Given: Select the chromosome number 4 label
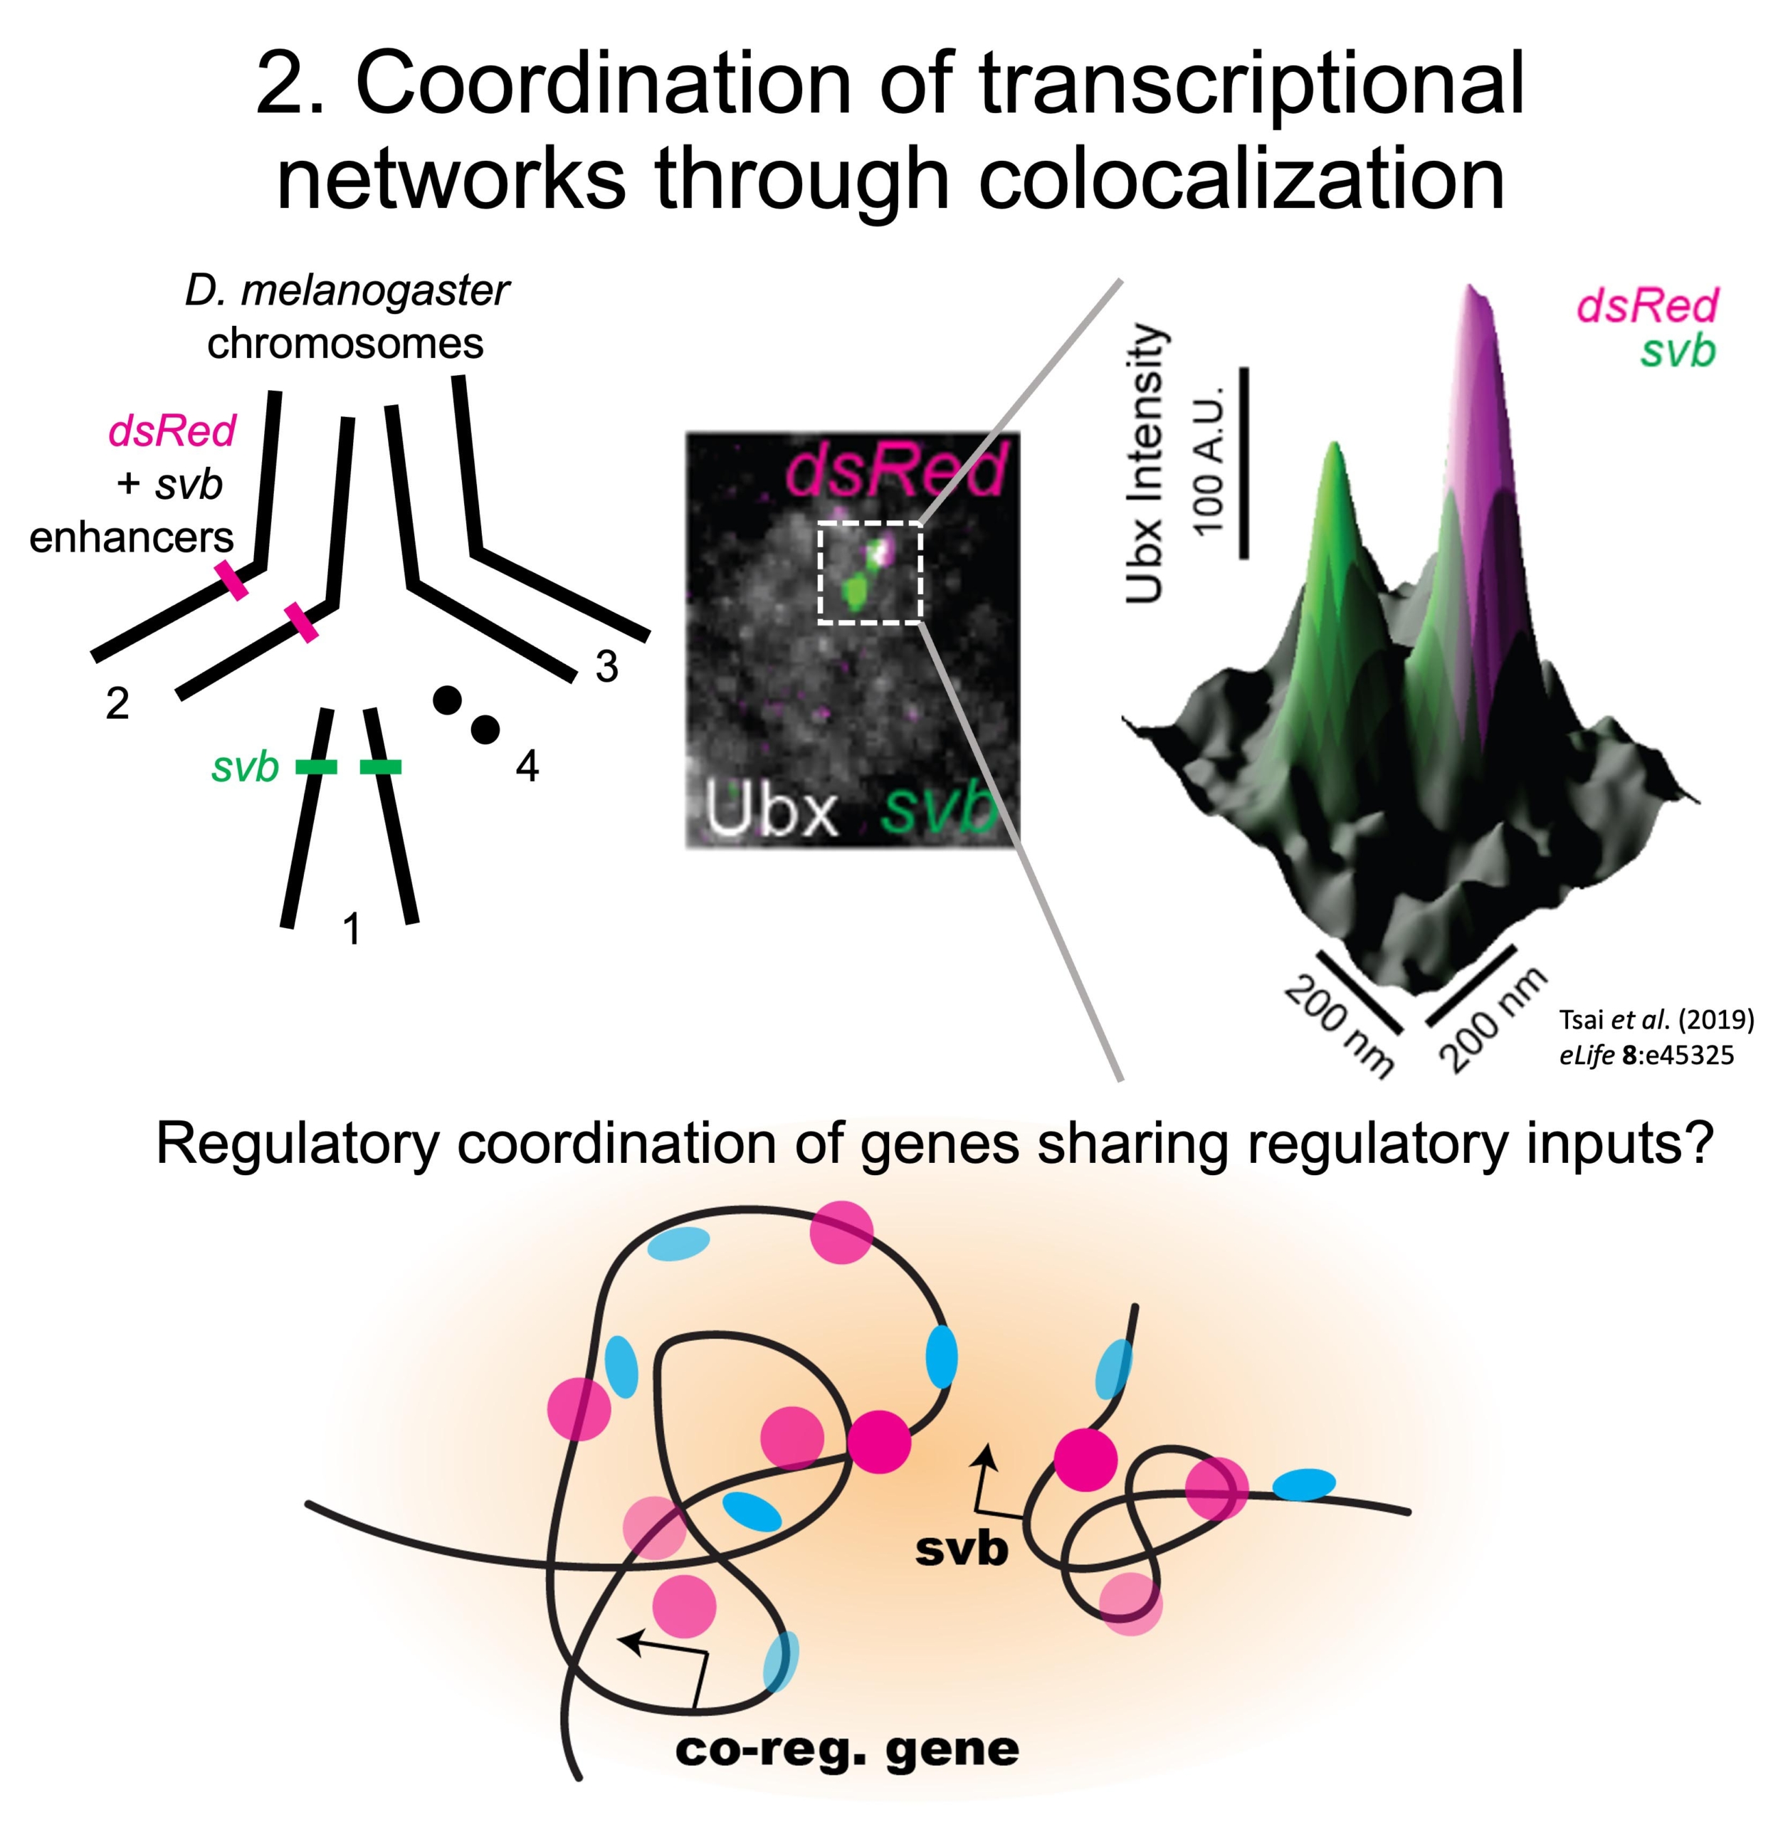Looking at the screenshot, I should pyautogui.click(x=527, y=767).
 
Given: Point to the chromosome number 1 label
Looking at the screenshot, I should pyautogui.click(x=351, y=930).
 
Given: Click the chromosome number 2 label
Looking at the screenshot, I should pyautogui.click(x=117, y=703).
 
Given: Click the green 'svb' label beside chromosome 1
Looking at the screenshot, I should pyautogui.click(x=246, y=767).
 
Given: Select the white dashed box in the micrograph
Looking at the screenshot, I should pyautogui.click(x=870, y=572).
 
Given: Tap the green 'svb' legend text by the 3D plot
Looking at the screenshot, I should pyautogui.click(x=1678, y=351).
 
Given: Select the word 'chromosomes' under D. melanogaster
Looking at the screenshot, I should pyautogui.click(x=345, y=344).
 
